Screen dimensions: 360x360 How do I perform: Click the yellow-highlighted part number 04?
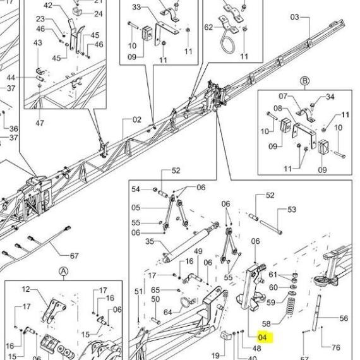(263, 337)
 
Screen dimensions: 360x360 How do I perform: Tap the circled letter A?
(64, 272)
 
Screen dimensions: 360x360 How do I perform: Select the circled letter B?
(305, 81)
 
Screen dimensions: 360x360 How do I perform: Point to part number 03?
(295, 17)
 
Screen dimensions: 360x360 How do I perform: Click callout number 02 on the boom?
(137, 119)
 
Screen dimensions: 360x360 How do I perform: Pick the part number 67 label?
(74, 256)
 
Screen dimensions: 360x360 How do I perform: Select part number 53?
(292, 210)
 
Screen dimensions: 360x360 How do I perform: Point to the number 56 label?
(344, 318)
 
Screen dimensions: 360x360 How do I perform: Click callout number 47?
(40, 123)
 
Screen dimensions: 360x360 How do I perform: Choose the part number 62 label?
(208, 27)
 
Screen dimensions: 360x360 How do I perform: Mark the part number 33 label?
(136, 7)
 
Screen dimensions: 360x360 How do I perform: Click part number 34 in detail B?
(330, 97)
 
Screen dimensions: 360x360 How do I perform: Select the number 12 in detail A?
(26, 289)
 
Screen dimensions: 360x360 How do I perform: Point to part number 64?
(168, 312)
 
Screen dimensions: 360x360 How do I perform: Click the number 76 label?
(336, 347)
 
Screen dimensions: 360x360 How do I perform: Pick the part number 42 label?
(48, 5)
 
